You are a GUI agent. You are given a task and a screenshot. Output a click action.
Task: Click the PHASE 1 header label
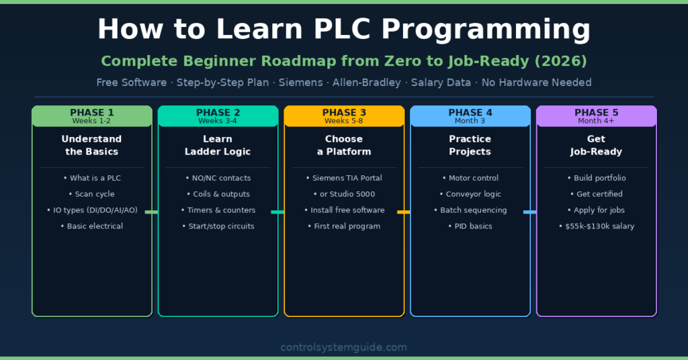click(92, 112)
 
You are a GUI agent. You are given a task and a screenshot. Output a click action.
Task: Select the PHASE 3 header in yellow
click(344, 112)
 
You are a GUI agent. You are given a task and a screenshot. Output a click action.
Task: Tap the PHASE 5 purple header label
click(596, 112)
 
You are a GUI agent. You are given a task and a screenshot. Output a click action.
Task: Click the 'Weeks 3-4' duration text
click(218, 121)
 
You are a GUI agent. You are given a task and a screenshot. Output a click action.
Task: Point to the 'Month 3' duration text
click(470, 121)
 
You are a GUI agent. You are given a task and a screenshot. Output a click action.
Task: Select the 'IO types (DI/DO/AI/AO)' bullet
click(92, 210)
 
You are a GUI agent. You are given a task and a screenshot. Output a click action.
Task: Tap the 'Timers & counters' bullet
click(218, 210)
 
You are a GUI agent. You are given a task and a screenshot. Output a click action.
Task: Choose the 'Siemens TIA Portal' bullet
click(344, 178)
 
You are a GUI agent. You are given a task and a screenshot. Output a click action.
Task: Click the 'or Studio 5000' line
click(344, 194)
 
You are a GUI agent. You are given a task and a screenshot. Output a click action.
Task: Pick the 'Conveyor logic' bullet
click(470, 194)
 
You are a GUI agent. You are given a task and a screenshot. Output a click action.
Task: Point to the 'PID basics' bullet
click(470, 226)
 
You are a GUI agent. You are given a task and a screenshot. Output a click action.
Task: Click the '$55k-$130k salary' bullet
click(596, 226)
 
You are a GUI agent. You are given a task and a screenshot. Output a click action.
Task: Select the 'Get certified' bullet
click(596, 194)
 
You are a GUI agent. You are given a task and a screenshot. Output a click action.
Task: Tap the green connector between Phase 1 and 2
click(151, 212)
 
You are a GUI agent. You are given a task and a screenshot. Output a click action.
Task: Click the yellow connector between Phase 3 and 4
click(403, 212)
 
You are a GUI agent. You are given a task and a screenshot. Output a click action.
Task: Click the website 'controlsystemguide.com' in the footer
click(343, 347)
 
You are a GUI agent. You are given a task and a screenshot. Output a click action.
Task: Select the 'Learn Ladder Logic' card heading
click(218, 145)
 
